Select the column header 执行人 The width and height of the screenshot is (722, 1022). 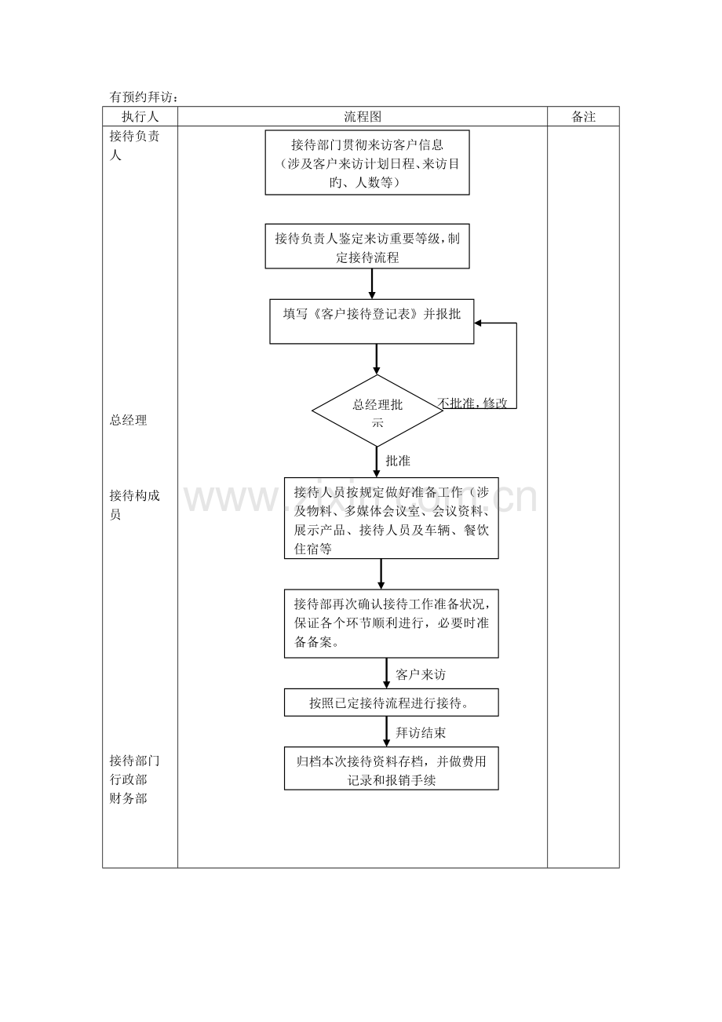140,116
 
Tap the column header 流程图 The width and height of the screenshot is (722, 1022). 362,116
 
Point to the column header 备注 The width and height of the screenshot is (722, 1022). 583,116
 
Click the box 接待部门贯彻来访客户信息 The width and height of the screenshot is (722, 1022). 367,162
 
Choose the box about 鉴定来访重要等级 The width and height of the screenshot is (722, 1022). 367,247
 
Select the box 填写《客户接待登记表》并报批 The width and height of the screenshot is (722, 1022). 371,321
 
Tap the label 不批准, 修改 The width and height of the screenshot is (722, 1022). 472,403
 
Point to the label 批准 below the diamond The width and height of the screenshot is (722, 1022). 398,461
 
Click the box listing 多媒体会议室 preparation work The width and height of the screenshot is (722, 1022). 391,519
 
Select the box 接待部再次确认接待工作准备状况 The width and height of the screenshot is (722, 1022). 391,623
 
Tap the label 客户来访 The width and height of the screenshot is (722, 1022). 421,674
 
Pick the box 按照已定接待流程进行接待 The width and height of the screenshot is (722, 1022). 391,703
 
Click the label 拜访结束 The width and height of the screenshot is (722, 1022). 421,732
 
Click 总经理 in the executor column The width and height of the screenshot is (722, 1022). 128,421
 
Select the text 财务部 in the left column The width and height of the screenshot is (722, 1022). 128,799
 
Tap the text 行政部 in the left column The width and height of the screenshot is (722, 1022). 128,780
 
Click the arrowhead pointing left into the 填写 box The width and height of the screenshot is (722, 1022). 480,323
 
